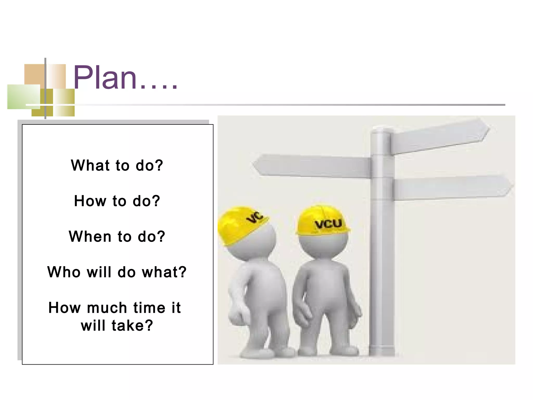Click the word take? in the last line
[132, 326]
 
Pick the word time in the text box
[149, 308]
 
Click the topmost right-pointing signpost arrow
[440, 137]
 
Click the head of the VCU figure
[323, 243]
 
